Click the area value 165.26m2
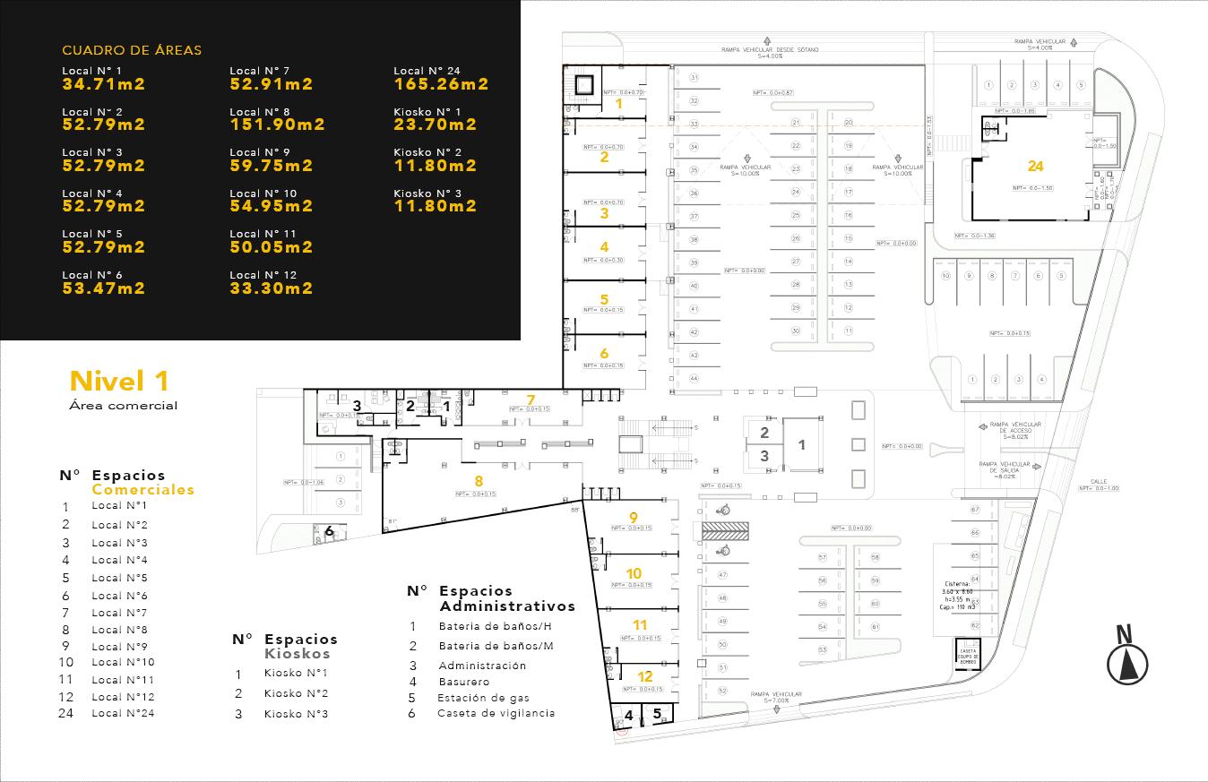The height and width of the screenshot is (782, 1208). tap(441, 84)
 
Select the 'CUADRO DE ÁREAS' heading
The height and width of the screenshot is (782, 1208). tap(132, 51)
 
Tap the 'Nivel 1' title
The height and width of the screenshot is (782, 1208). tap(119, 381)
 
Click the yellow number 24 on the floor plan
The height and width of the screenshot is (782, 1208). tap(1035, 166)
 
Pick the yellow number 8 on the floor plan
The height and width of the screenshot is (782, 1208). tap(479, 481)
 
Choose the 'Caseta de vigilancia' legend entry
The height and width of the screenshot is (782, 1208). tap(496, 713)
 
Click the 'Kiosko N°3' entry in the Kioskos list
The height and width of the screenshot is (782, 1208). tap(296, 714)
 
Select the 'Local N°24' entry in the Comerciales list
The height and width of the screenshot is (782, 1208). tap(123, 713)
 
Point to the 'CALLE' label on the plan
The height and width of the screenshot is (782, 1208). tap(1100, 481)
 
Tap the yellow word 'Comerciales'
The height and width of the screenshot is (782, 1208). tap(142, 490)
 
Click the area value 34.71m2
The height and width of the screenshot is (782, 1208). tap(103, 84)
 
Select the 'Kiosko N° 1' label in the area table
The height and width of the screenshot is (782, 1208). tap(427, 112)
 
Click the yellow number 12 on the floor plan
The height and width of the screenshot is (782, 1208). tap(644, 676)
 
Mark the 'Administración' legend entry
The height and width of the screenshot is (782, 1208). tap(482, 666)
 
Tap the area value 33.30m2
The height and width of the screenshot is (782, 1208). tap(271, 288)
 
